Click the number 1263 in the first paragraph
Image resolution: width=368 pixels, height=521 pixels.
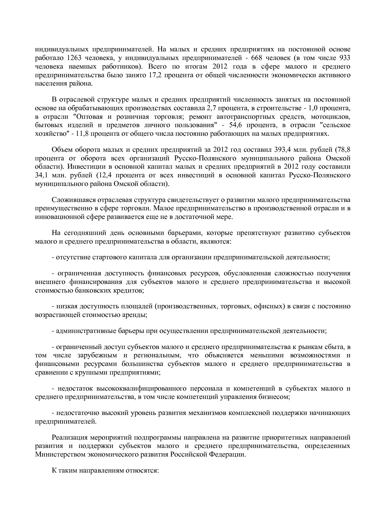tap(75, 58)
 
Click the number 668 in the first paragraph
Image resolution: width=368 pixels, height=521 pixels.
tap(258, 58)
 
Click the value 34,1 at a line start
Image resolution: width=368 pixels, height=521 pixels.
tap(40, 175)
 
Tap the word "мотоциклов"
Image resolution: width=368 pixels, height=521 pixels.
tap(333, 116)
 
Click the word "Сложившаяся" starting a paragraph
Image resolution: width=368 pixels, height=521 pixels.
tap(71, 200)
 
